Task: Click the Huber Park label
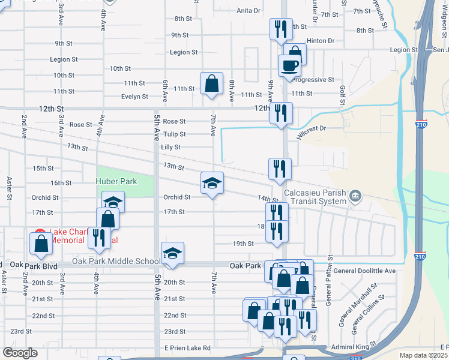[116, 181]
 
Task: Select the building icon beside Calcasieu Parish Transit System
[355, 195]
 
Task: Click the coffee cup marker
[289, 65]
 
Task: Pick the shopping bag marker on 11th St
[212, 84]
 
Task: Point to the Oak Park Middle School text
[116, 261]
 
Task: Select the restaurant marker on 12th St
[280, 113]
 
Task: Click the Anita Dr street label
[249, 10]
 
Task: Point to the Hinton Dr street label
[320, 40]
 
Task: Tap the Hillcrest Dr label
[312, 128]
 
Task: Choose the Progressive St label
[312, 79]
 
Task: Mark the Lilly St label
[170, 147]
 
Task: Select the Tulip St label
[174, 134]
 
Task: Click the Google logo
[20, 353]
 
